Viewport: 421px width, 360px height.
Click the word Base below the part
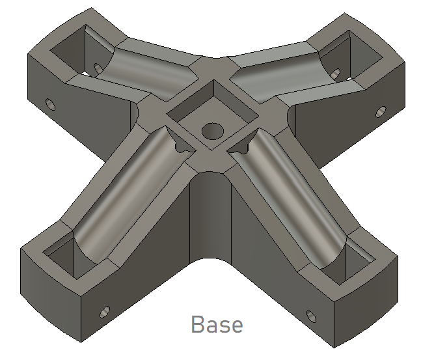pos(217,324)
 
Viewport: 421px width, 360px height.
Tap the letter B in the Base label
pos(197,324)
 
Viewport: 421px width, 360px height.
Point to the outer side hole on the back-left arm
pos(49,104)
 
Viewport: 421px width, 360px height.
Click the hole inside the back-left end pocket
pos(98,68)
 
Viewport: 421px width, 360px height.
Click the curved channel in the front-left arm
pos(124,195)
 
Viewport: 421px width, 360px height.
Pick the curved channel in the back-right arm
pos(273,72)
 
